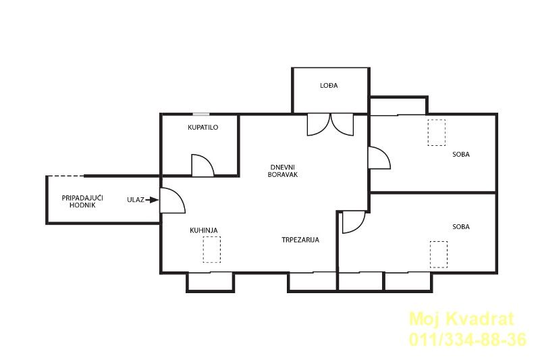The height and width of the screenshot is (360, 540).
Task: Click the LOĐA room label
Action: tap(329, 85)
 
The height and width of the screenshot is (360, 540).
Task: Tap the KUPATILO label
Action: tap(203, 127)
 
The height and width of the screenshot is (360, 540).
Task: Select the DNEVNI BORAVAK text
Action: tap(282, 171)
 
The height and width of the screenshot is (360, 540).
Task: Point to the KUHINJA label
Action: tap(204, 230)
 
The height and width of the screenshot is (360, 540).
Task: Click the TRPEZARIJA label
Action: tap(300, 240)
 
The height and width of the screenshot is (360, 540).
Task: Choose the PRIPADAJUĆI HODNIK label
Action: tap(82, 201)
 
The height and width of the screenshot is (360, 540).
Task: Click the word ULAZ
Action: tap(136, 199)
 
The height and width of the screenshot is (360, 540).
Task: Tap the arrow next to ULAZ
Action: tap(152, 199)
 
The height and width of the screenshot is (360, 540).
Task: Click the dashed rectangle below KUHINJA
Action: tap(211, 249)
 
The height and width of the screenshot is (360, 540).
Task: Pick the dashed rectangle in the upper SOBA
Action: tap(436, 132)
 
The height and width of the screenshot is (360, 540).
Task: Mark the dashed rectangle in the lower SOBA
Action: tap(439, 255)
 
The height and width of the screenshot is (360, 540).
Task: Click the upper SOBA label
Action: tap(461, 155)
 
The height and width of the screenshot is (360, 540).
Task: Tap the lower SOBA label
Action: tap(461, 227)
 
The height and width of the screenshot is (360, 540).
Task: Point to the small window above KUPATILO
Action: tap(200, 114)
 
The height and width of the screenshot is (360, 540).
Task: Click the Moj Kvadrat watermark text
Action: tap(462, 319)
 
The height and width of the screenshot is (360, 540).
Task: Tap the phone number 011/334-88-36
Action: tap(468, 339)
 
